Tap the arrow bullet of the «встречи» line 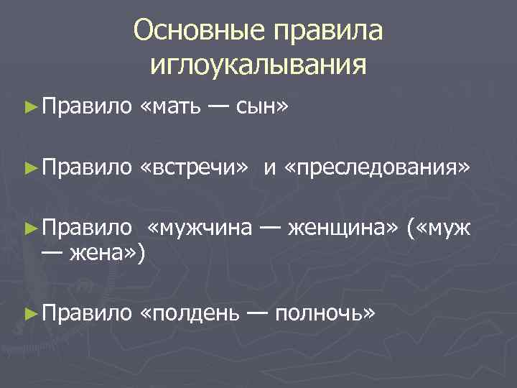[29, 168]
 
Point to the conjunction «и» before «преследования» [269, 169]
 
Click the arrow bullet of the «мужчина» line [29, 229]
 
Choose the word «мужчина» [200, 229]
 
